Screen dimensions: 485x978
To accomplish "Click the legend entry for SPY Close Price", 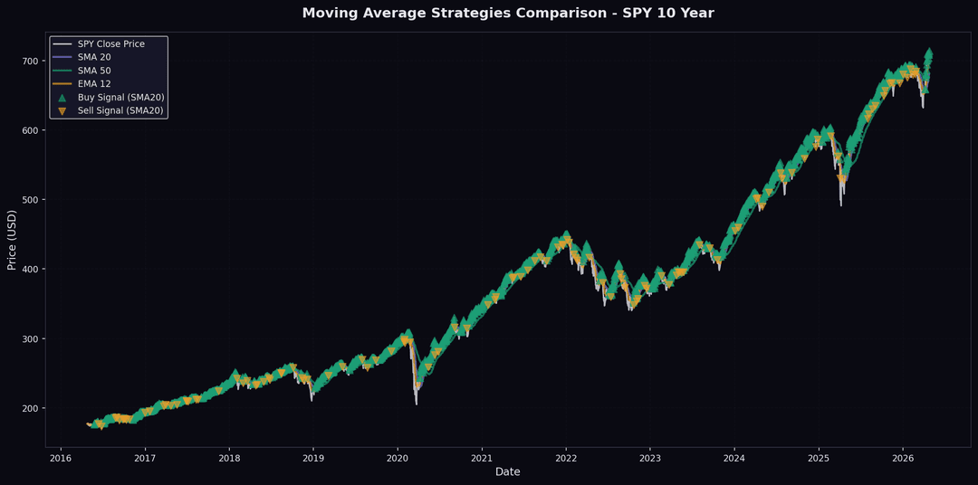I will click(110, 44).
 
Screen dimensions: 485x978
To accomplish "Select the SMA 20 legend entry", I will click(94, 57).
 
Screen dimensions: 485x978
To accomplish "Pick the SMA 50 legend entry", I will click(94, 71).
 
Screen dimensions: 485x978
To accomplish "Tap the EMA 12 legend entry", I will click(94, 84).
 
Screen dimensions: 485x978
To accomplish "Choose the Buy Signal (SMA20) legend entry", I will click(120, 97).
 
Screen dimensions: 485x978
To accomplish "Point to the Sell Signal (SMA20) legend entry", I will click(120, 110).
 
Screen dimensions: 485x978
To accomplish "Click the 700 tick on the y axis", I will click(29, 61).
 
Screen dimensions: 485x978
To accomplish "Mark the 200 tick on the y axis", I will click(29, 408).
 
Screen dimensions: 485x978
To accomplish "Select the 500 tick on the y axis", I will click(29, 200).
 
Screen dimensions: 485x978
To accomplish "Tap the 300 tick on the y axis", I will click(29, 339).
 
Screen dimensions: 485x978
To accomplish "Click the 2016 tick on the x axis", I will click(61, 458).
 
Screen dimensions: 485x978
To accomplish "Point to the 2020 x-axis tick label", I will click(398, 458).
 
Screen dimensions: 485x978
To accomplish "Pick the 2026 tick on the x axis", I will click(903, 458).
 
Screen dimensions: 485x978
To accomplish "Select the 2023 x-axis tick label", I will click(650, 458).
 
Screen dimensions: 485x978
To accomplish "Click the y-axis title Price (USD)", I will click(12, 240).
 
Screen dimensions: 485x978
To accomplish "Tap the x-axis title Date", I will click(507, 471).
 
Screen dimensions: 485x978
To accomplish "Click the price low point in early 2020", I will click(417, 403).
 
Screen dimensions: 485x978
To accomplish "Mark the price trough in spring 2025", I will click(840, 205).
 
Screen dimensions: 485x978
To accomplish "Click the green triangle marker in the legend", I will click(62, 97).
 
